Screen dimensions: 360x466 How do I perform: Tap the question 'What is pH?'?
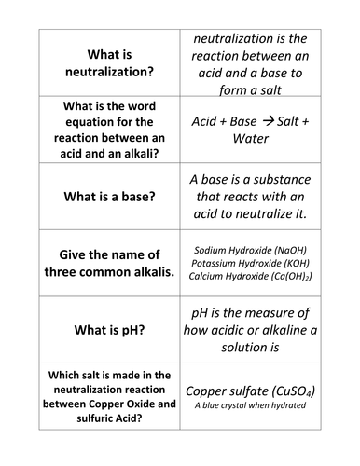click(105, 329)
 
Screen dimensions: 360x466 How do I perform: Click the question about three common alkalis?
click(105, 263)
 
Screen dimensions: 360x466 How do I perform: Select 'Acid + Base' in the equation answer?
click(224, 122)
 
